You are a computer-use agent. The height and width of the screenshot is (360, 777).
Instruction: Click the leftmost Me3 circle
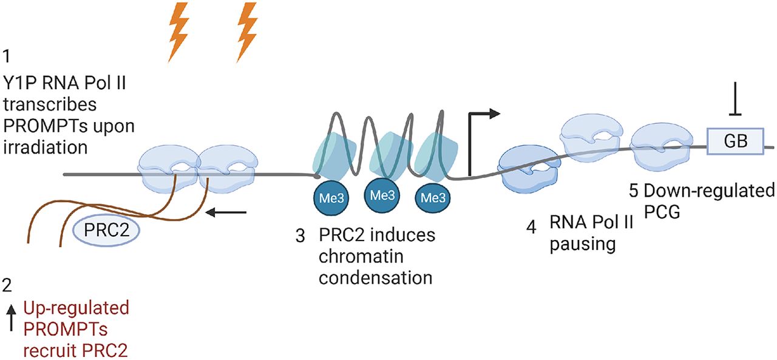pos(331,198)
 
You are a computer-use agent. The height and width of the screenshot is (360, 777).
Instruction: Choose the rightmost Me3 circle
pos(433,198)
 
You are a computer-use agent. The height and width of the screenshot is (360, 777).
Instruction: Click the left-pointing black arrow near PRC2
pos(228,212)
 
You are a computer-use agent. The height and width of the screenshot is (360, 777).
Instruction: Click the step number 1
pos(7,58)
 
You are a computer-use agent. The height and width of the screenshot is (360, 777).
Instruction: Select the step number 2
pos(7,284)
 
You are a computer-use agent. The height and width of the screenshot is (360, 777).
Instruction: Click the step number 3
pos(299,236)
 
